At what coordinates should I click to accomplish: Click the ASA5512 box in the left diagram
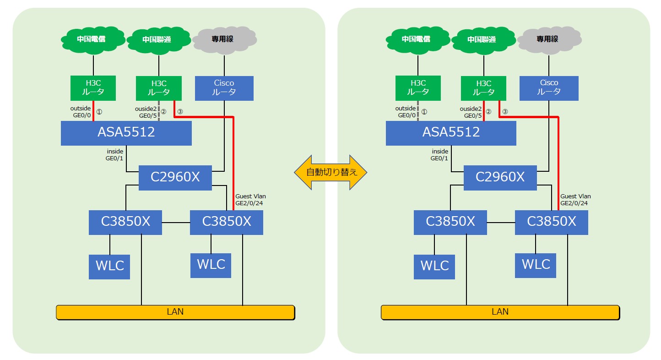(x=126, y=133)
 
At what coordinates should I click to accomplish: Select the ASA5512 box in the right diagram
(x=451, y=133)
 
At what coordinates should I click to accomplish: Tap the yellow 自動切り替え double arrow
(x=330, y=172)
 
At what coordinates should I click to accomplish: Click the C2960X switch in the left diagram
(x=175, y=178)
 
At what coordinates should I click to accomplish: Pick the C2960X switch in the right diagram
(x=500, y=178)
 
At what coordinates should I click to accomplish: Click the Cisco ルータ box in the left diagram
(x=224, y=88)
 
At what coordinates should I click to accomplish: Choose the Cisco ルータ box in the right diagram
(x=549, y=88)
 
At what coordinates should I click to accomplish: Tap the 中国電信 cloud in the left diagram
(x=93, y=40)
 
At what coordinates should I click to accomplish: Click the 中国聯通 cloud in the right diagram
(x=483, y=40)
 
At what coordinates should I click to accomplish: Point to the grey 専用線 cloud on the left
(x=224, y=40)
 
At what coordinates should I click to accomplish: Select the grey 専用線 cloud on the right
(x=549, y=40)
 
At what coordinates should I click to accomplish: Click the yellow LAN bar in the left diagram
(x=176, y=312)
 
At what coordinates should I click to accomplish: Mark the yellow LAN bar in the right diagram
(x=500, y=312)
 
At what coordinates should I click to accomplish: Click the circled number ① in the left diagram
(x=99, y=112)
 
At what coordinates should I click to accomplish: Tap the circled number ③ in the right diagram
(x=505, y=112)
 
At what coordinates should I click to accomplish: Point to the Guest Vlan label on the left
(x=250, y=196)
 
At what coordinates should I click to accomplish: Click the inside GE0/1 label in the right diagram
(x=439, y=155)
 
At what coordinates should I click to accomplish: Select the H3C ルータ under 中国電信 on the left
(x=93, y=88)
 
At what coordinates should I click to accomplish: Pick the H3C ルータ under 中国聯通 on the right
(x=484, y=88)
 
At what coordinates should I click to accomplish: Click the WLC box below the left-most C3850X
(x=109, y=267)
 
